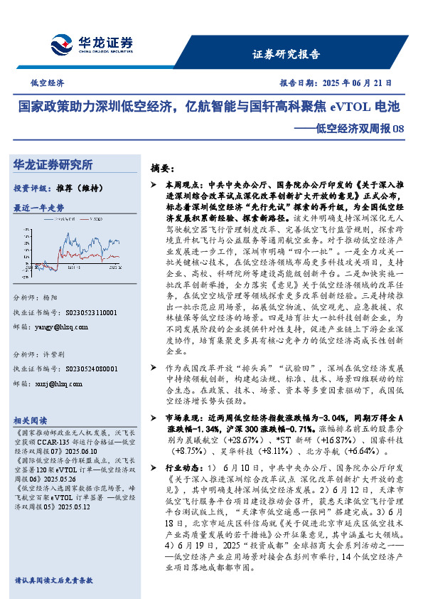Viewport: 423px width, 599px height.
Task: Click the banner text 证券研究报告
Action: point(286,54)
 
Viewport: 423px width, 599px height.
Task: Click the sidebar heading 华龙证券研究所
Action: point(53,164)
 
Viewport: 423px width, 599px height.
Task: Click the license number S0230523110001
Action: point(88,312)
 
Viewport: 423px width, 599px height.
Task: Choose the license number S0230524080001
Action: point(88,369)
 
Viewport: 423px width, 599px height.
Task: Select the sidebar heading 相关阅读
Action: point(31,420)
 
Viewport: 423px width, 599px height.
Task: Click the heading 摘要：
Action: point(162,168)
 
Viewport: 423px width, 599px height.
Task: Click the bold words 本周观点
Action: point(177,184)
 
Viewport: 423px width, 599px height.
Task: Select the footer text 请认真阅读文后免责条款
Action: point(53,581)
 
